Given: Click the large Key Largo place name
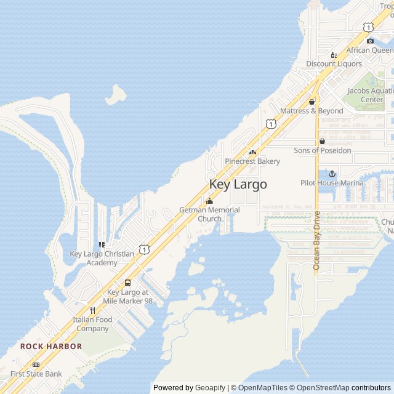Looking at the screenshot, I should [x=238, y=184].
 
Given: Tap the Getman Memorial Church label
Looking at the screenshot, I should [x=209, y=214].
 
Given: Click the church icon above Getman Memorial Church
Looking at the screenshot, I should [x=209, y=201].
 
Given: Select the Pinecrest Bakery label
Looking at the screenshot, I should [x=252, y=161].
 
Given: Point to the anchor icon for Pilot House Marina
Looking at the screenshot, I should [x=332, y=174].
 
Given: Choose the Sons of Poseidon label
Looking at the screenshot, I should [x=322, y=150].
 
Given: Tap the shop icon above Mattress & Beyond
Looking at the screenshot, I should [x=312, y=102].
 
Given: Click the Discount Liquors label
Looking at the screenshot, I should [x=334, y=63].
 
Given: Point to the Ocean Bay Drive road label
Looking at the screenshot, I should [x=317, y=240].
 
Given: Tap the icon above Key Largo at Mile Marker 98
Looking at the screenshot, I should [x=127, y=283].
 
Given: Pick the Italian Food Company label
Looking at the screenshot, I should [x=92, y=324].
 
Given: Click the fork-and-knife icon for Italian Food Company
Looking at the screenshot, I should [x=92, y=310].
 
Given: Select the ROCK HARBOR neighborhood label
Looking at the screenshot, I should [x=50, y=347].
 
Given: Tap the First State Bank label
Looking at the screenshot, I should [x=36, y=374].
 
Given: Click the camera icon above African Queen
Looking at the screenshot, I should [x=370, y=41].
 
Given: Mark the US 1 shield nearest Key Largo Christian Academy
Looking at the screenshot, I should [x=143, y=249].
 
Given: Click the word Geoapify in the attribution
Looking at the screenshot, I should [x=211, y=388].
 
